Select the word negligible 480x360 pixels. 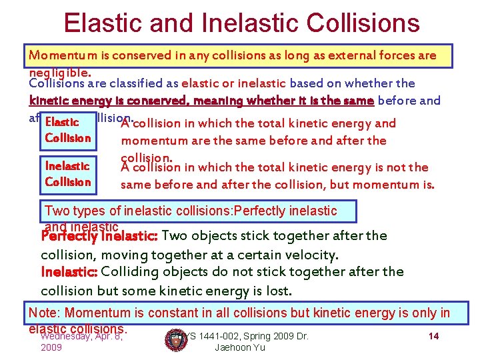61,71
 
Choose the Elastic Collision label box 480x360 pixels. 67,130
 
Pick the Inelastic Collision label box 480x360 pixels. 67,174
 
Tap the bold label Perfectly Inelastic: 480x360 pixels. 99,236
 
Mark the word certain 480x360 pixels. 254,255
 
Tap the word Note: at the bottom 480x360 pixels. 44,313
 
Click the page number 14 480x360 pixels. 433,336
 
